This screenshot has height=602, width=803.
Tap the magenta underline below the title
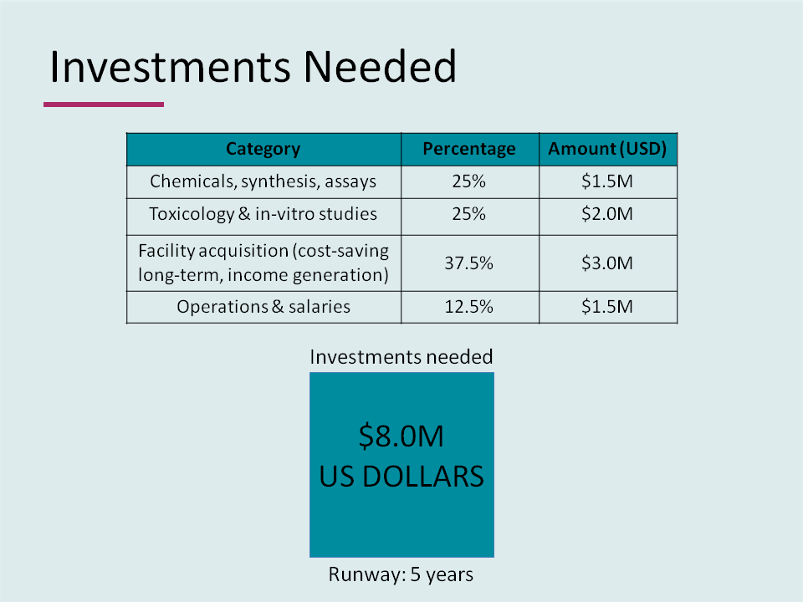104,105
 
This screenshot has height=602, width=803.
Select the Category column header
263,150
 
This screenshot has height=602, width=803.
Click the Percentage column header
469,150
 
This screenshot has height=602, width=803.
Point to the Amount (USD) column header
607,150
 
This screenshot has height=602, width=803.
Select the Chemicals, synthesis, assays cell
263,181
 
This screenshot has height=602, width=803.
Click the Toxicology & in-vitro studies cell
263,214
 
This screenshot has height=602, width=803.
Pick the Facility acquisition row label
263,263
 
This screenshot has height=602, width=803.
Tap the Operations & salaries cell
263,307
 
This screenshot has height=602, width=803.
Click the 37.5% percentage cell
469,263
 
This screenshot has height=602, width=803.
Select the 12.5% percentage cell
469,307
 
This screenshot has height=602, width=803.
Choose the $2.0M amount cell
607,214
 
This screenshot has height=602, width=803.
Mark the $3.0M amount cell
607,263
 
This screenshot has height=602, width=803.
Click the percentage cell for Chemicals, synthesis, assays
469,181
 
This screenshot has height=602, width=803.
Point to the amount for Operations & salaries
607,307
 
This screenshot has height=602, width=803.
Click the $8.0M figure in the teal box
401,436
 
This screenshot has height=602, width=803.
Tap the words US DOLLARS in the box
401,477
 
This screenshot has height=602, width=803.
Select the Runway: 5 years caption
401,575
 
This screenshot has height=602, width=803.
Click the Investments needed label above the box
401,357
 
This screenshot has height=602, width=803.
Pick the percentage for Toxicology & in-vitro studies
469,214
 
